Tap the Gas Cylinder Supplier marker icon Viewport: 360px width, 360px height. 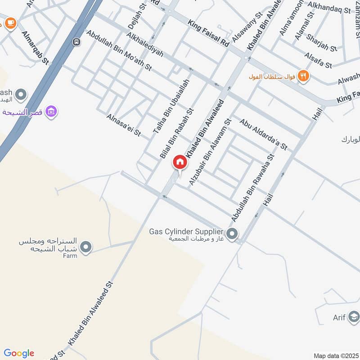232,234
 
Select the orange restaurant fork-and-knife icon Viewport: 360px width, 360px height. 304,76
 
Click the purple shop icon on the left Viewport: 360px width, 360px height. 51,111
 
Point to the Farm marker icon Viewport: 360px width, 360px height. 86,247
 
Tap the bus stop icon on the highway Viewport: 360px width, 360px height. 76,42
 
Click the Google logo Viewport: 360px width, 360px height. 19,353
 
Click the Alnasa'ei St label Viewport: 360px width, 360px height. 124,125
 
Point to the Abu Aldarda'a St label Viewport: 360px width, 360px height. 263,134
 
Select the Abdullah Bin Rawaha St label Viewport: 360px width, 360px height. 252,188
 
